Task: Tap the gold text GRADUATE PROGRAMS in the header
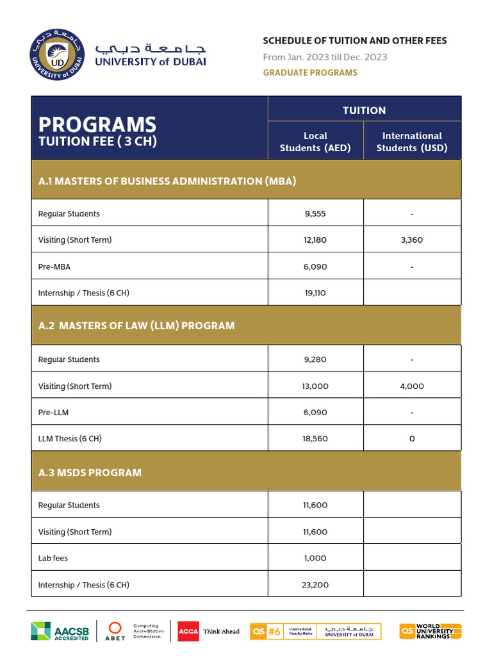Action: click(x=309, y=72)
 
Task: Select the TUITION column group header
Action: click(x=364, y=110)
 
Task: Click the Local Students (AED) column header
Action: click(x=315, y=142)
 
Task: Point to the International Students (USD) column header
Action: click(x=412, y=142)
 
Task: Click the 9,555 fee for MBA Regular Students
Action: click(x=315, y=214)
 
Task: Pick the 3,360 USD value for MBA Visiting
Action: click(x=412, y=240)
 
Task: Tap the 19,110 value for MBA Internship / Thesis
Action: click(x=315, y=293)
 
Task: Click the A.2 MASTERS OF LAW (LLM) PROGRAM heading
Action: click(x=136, y=325)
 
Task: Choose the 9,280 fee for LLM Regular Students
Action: click(x=315, y=359)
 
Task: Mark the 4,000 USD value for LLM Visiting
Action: click(x=412, y=386)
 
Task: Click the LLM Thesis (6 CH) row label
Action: click(x=70, y=439)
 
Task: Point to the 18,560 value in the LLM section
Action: click(x=315, y=439)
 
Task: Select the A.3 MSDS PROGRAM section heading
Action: click(x=90, y=472)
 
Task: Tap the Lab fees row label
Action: click(x=53, y=558)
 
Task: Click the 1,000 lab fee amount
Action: click(x=315, y=558)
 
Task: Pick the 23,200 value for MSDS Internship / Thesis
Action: click(x=315, y=585)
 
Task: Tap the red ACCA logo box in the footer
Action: click(x=188, y=631)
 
